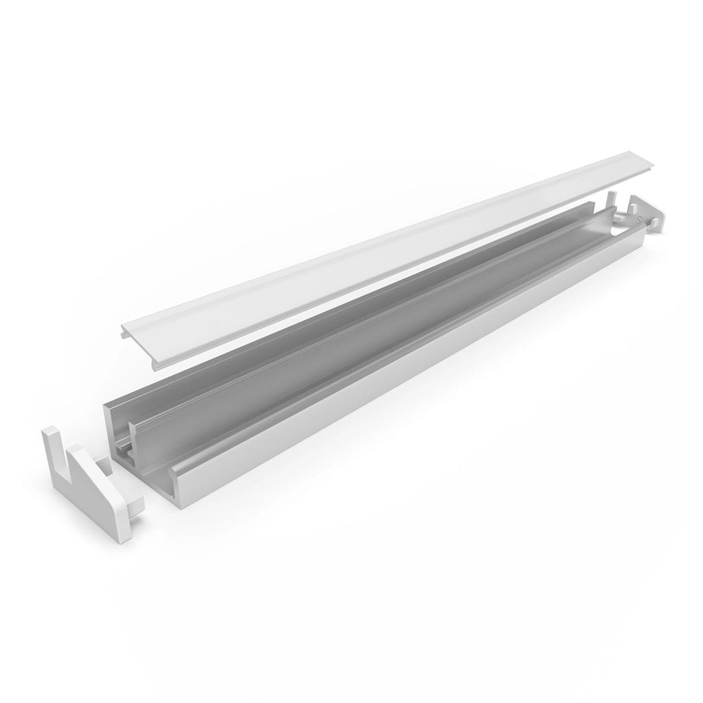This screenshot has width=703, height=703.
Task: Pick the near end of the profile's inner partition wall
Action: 133,439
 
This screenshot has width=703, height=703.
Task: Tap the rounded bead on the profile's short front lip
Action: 172,474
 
